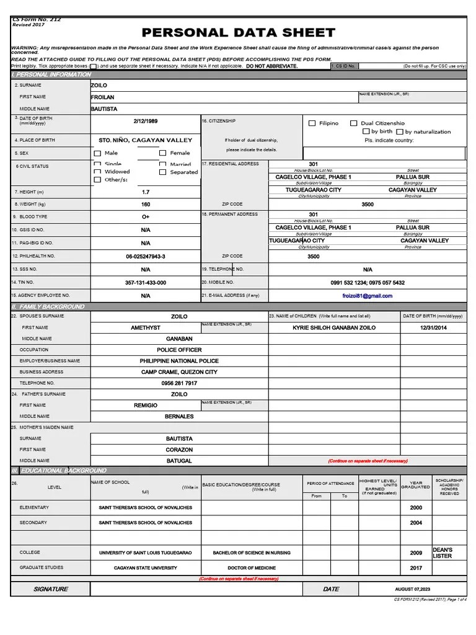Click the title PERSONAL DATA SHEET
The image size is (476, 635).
(x=239, y=33)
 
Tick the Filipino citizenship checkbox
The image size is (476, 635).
(x=312, y=123)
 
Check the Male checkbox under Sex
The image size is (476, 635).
(x=97, y=153)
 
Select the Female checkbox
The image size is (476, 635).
(x=162, y=153)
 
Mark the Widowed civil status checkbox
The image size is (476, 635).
(x=97, y=172)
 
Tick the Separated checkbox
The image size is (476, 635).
(x=162, y=172)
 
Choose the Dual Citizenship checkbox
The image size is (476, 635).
(x=354, y=123)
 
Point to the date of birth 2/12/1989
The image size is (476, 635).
(x=146, y=121)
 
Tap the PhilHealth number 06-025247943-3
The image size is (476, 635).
(x=146, y=256)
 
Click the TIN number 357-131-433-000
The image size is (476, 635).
(x=146, y=283)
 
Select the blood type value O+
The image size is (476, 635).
(x=146, y=217)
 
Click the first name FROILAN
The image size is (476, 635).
(x=103, y=97)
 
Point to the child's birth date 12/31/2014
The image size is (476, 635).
(x=433, y=327)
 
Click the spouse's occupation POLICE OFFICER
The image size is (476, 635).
(x=178, y=350)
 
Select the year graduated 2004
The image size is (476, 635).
(x=415, y=523)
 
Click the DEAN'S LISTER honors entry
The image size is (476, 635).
(x=443, y=553)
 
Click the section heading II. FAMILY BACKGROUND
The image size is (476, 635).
(x=48, y=307)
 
